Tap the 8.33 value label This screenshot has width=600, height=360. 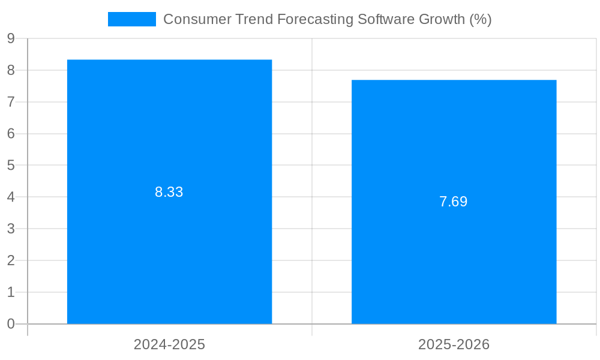tap(169, 193)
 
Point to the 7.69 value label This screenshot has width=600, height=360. tap(454, 202)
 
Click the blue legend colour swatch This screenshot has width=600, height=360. tap(131, 19)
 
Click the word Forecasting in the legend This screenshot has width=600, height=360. tap(315, 19)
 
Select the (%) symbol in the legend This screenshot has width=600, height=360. tap(481, 19)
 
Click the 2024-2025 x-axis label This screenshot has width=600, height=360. tap(169, 345)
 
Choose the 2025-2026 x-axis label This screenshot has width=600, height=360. tap(454, 345)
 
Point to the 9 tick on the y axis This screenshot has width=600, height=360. tap(11, 39)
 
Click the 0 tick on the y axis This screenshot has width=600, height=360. tap(11, 324)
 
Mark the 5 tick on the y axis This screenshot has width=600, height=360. tap(11, 166)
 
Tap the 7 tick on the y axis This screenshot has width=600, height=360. tap(11, 102)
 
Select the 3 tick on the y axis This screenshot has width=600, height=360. tap(11, 229)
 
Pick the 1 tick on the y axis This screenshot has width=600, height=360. tap(11, 292)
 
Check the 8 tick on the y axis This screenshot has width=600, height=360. tap(11, 70)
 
